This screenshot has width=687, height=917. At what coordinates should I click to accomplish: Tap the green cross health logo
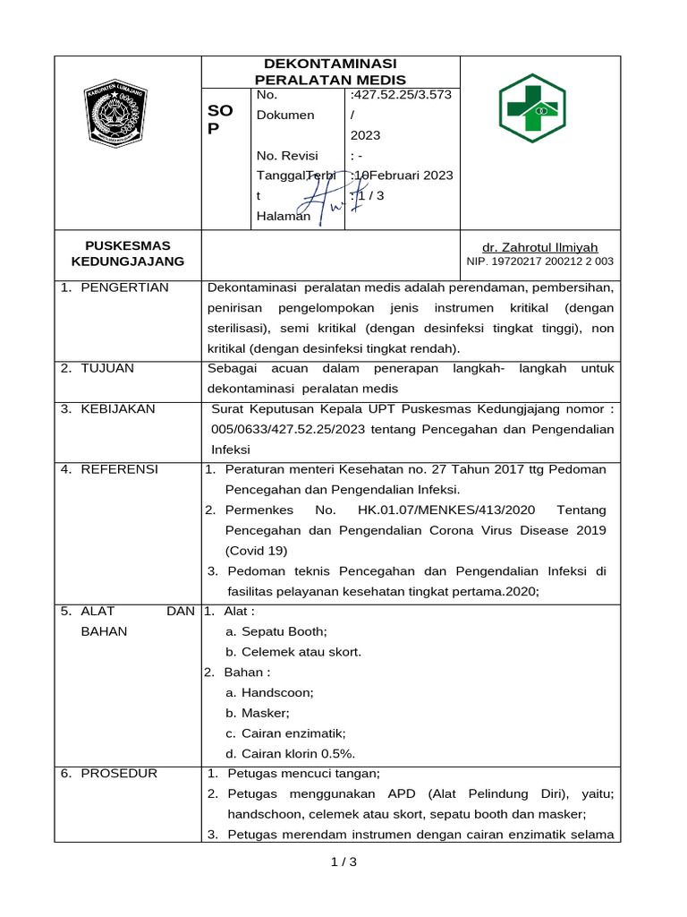[x=532, y=108]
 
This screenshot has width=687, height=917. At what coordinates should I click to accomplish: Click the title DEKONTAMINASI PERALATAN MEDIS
[x=330, y=72]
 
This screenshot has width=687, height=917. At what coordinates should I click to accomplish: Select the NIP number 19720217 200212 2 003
[x=539, y=261]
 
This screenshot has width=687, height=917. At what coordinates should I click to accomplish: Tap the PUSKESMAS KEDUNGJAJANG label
[x=128, y=253]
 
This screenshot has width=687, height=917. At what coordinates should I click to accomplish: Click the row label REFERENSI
[x=119, y=469]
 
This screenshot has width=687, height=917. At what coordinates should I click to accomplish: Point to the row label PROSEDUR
[x=118, y=774]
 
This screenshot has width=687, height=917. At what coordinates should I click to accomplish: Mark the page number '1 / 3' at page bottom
[x=343, y=862]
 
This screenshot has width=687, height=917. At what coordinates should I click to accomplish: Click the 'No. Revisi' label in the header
[x=286, y=155]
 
